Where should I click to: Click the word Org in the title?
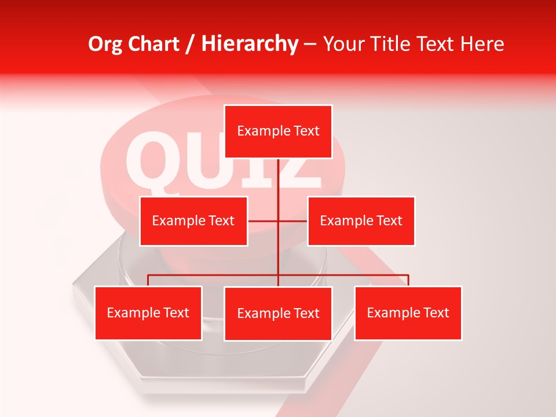tap(105, 44)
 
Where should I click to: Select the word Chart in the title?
tap(155, 44)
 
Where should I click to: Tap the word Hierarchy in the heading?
tap(250, 44)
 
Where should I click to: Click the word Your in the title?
tap(341, 44)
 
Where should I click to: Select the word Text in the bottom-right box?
tap(436, 313)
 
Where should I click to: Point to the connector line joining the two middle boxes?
tap(264, 221)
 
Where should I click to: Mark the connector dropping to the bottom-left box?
tap(148, 280)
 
